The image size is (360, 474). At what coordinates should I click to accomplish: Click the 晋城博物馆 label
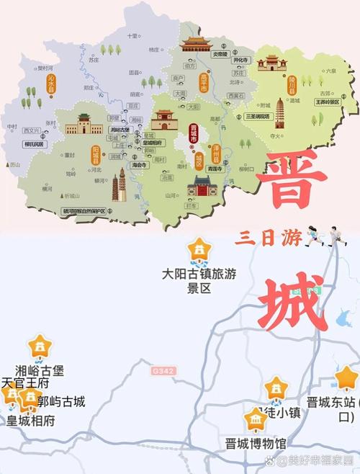(255, 443)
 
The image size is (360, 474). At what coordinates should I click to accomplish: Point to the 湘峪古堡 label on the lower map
(40, 371)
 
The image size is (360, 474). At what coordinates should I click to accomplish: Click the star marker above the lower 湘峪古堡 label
(40, 346)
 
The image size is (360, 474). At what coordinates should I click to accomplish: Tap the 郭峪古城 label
(61, 401)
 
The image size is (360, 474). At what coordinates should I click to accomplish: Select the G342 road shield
(163, 371)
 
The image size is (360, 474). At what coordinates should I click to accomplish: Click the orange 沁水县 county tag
(50, 84)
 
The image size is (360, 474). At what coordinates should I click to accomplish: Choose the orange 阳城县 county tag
(95, 153)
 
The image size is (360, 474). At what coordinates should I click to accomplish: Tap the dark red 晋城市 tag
(192, 135)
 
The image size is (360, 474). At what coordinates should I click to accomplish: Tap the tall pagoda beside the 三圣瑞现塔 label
(280, 107)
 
